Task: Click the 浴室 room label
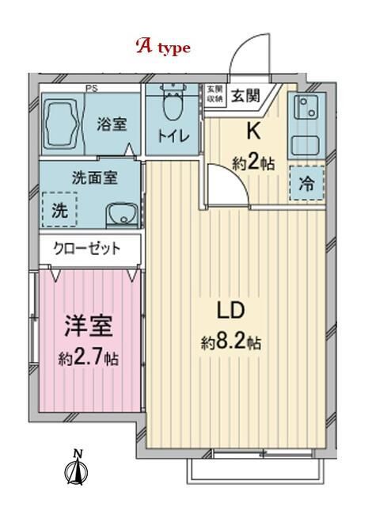coord(111,124)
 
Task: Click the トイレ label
coord(172,135)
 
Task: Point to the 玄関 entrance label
coord(243,96)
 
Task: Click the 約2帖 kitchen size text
coord(253,164)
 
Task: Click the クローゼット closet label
coord(86,248)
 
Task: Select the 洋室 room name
coord(88,326)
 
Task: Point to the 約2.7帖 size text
coord(88,358)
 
